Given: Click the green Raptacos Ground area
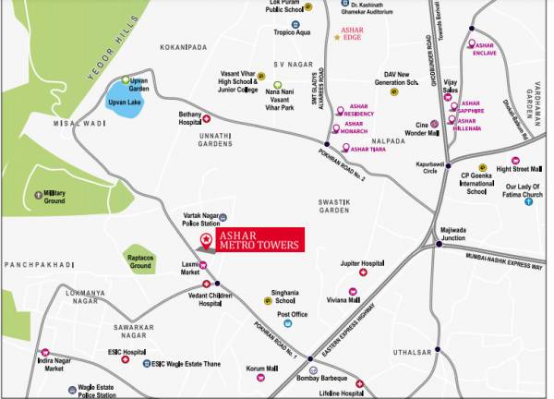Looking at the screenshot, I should pyautogui.click(x=140, y=260).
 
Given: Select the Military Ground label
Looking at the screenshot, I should pyautogui.click(x=54, y=196).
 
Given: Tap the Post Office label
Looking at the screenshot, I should pyautogui.click(x=292, y=314).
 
